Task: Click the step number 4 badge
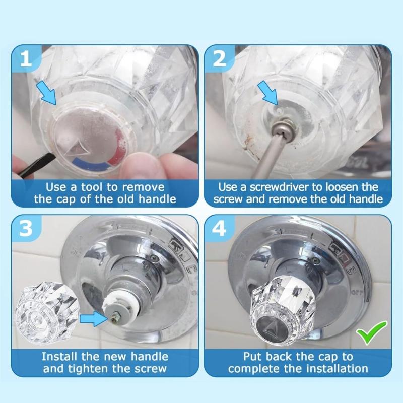[x=220, y=230]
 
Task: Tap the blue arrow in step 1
[x=48, y=93]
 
